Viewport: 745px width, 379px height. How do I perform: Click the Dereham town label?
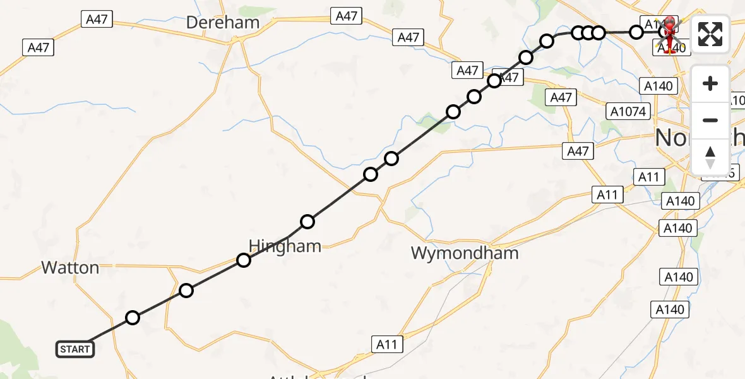pyautogui.click(x=223, y=23)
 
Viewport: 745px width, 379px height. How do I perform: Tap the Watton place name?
pyautogui.click(x=70, y=268)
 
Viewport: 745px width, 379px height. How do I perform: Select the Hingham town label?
pyautogui.click(x=285, y=246)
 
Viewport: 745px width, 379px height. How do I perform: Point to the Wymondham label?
pyautogui.click(x=465, y=253)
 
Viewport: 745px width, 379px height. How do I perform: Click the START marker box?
pyautogui.click(x=75, y=349)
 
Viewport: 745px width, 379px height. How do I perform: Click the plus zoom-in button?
pyautogui.click(x=710, y=84)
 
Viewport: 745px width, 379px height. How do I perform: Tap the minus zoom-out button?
pyautogui.click(x=710, y=120)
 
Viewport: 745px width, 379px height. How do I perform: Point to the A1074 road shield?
pyautogui.click(x=628, y=112)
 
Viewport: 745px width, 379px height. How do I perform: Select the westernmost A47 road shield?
pyautogui.click(x=39, y=47)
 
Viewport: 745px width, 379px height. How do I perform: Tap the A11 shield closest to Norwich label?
pyautogui.click(x=648, y=177)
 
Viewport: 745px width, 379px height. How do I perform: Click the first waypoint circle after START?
pyautogui.click(x=132, y=318)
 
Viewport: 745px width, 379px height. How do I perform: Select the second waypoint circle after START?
pyautogui.click(x=186, y=291)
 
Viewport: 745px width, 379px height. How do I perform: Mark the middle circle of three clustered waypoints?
pyautogui.click(x=588, y=32)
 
